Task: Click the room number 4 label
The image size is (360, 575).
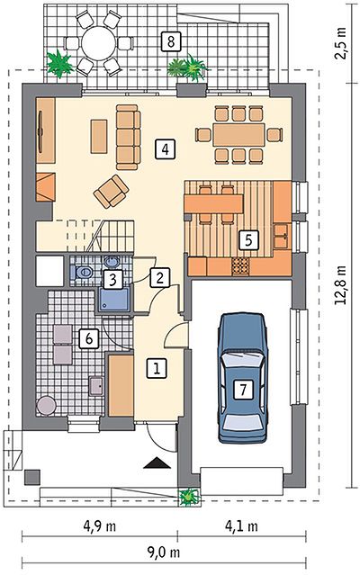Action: (x=165, y=148)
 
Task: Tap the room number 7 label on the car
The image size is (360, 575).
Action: (x=244, y=389)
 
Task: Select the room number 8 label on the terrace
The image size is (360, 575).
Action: (x=171, y=41)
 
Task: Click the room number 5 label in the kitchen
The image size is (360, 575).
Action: (x=248, y=240)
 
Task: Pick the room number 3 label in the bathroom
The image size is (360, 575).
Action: (x=112, y=280)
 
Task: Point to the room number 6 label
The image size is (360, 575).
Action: (x=89, y=338)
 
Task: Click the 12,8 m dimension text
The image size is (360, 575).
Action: (x=342, y=285)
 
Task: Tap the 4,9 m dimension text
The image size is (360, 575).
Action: (x=100, y=527)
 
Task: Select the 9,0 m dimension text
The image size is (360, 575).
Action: (x=164, y=553)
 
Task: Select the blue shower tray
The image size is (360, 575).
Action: (x=114, y=300)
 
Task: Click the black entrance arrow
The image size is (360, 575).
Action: (x=157, y=463)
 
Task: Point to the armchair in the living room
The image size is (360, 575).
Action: (x=111, y=191)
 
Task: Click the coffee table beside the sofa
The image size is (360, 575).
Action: (x=99, y=136)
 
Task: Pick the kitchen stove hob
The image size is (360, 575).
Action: (x=240, y=266)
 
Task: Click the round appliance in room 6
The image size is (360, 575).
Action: (x=47, y=406)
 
